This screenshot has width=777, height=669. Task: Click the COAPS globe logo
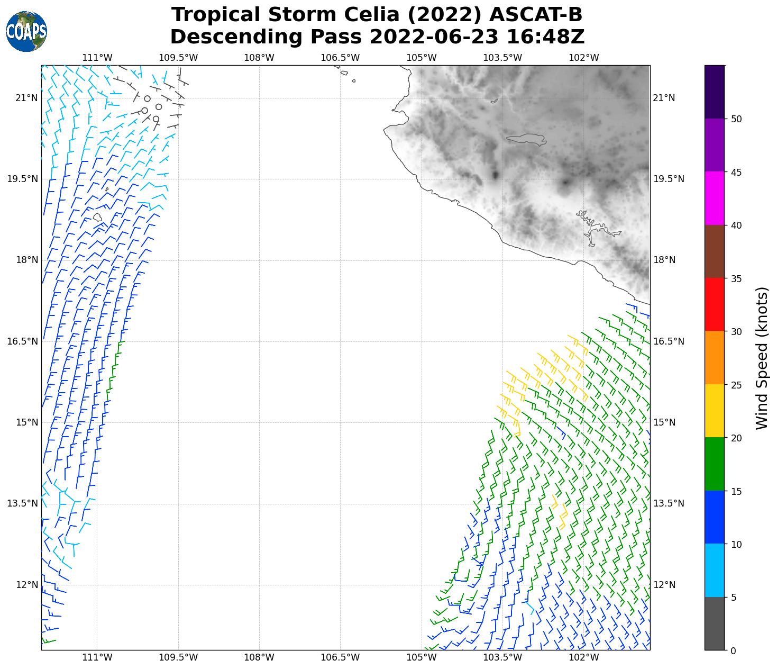(x=26, y=32)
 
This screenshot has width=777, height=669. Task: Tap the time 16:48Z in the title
(x=545, y=37)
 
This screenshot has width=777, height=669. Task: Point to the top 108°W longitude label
(x=259, y=58)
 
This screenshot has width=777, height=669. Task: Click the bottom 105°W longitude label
(x=422, y=658)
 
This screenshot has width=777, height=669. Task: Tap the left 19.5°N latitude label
(x=22, y=179)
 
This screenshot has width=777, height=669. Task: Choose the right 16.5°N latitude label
(x=669, y=341)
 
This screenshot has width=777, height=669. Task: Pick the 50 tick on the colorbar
(x=736, y=119)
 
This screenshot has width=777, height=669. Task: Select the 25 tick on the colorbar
(x=736, y=385)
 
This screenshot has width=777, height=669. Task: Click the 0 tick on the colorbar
(x=733, y=650)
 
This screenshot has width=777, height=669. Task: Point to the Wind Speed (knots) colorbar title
(x=762, y=358)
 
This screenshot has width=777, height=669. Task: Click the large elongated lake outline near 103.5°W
(x=526, y=139)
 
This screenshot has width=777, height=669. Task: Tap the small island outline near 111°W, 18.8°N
(x=97, y=217)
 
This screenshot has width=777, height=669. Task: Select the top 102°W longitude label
(x=584, y=58)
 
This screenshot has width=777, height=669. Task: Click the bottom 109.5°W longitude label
(x=178, y=658)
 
